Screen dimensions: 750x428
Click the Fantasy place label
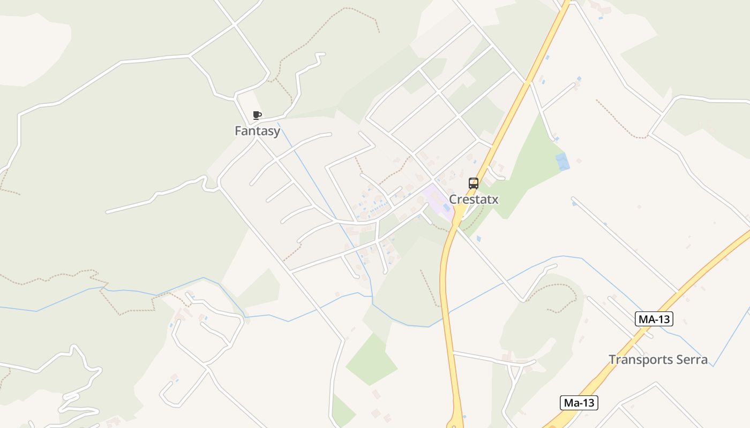pyautogui.click(x=257, y=131)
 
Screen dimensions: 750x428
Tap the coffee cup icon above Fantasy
pyautogui.click(x=257, y=115)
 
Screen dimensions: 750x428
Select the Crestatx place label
pyautogui.click(x=474, y=200)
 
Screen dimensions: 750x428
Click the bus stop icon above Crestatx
pyautogui.click(x=474, y=184)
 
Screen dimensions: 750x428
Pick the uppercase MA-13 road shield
pyautogui.click(x=654, y=319)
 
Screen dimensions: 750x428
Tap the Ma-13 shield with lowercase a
pyautogui.click(x=579, y=403)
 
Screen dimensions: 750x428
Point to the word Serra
pyautogui.click(x=691, y=360)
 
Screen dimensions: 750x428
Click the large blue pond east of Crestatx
pyautogui.click(x=562, y=162)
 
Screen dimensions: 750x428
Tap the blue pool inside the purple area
pyautogui.click(x=446, y=207)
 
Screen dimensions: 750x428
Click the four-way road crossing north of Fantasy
pyautogui.click(x=235, y=24)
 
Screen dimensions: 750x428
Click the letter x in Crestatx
pyautogui.click(x=495, y=200)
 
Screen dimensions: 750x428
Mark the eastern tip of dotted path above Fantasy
pyautogui.click(x=379, y=32)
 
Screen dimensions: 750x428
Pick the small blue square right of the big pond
pyautogui.click(x=579, y=159)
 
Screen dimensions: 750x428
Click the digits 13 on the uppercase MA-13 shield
pyautogui.click(x=663, y=319)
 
